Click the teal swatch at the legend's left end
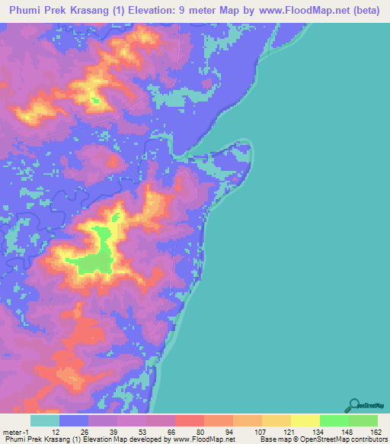pos(45,420)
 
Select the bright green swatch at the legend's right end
pos(363,420)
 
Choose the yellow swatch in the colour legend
pos(305,420)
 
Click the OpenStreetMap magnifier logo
pos(354,405)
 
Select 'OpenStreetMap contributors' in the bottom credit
pos(347,439)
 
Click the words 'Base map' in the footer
pos(275,439)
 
